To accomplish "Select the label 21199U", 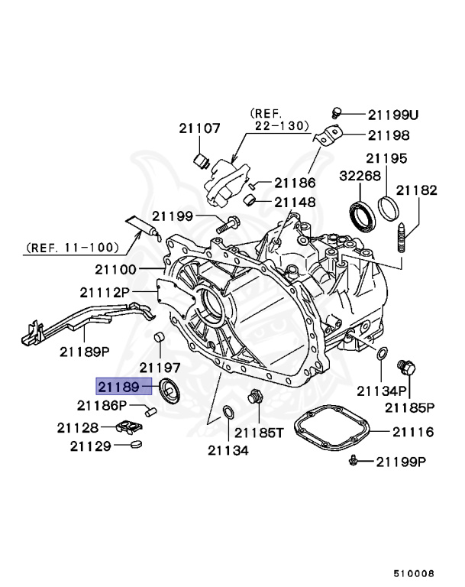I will [x=393, y=115].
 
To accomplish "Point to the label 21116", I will [x=413, y=433].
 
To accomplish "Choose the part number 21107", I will [x=200, y=128].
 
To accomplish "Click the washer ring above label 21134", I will [x=228, y=413].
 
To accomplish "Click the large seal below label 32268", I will [x=363, y=214].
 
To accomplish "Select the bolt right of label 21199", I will [x=228, y=223].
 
